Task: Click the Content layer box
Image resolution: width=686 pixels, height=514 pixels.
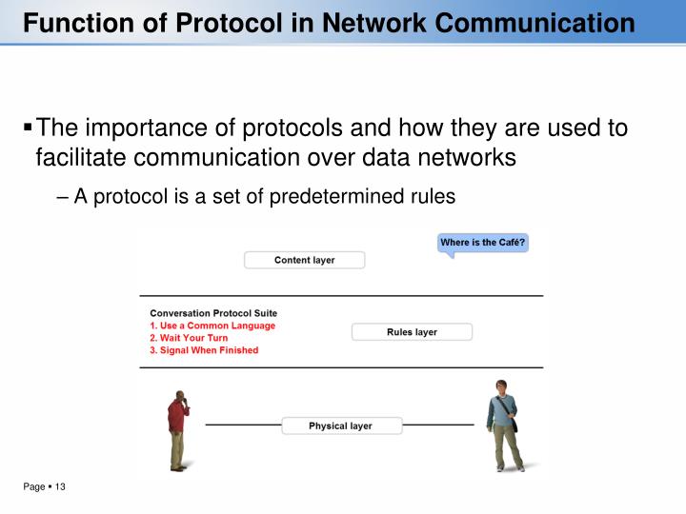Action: pos(304,260)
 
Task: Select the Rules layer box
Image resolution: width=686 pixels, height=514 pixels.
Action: pos(412,332)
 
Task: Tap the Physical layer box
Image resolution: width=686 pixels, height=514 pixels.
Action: pos(340,425)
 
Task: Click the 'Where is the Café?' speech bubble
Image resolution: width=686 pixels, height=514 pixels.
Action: pos(482,244)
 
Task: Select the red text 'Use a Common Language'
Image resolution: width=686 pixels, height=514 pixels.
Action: pos(217,326)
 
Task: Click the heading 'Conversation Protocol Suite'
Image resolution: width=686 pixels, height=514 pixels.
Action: pos(213,312)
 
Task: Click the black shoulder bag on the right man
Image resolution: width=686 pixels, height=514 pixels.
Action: pos(515,423)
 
